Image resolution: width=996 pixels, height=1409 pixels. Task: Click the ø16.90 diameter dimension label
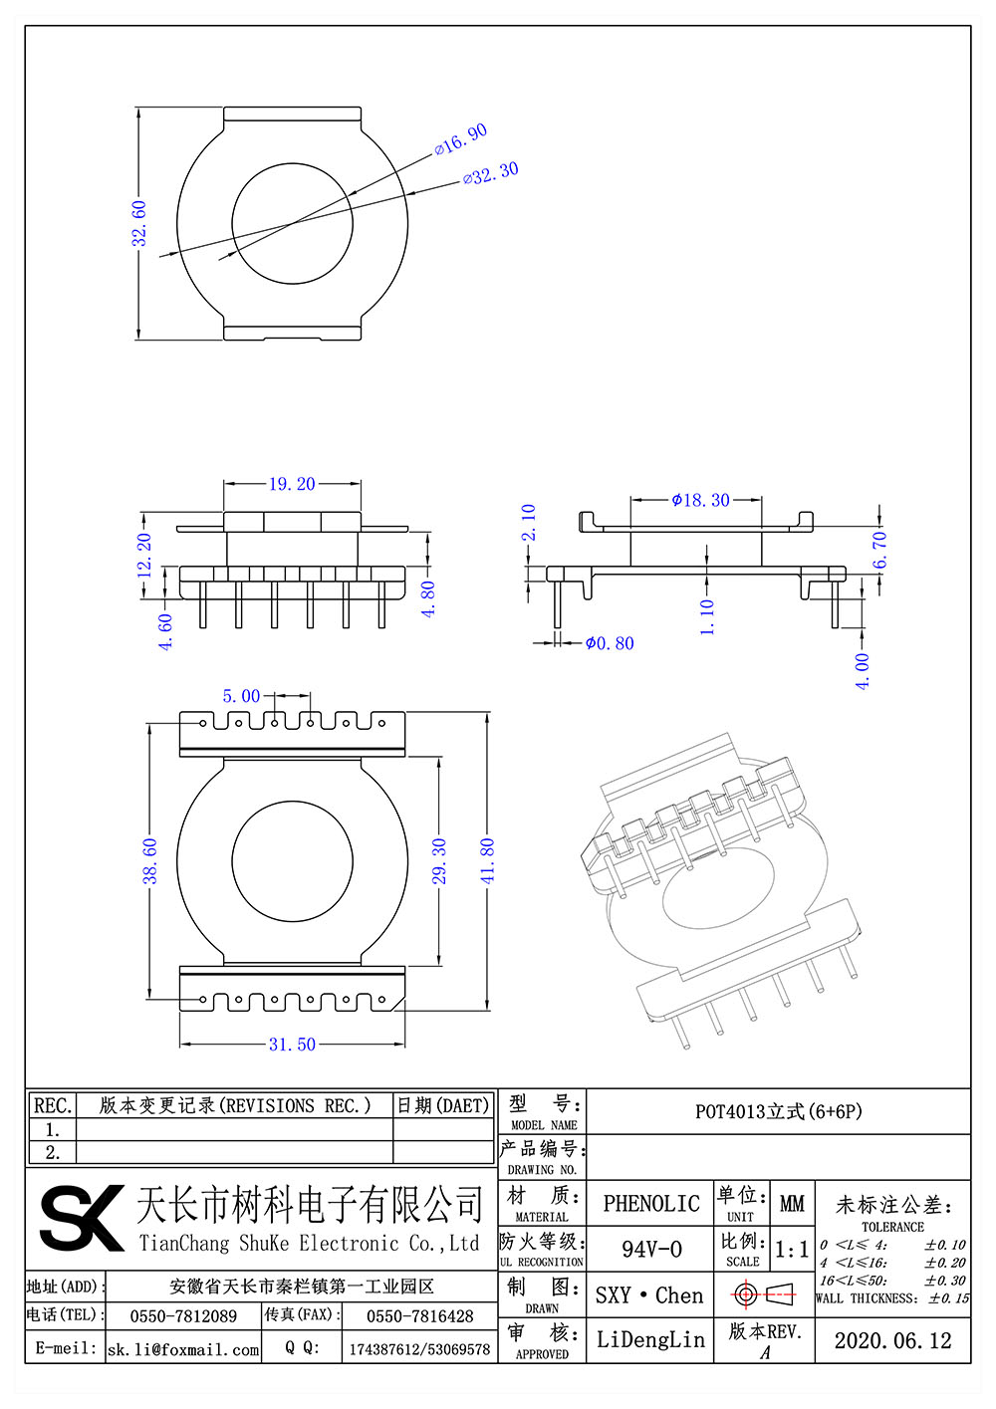pyautogui.click(x=460, y=140)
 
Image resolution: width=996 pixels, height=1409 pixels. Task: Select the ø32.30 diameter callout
pyautogui.click(x=491, y=173)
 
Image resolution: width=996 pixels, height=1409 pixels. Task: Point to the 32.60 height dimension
pyautogui.click(x=139, y=223)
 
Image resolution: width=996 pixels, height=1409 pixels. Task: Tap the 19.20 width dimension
pyautogui.click(x=292, y=484)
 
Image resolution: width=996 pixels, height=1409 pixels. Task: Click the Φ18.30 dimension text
pyautogui.click(x=701, y=500)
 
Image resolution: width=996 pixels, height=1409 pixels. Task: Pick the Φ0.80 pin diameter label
pyautogui.click(x=610, y=643)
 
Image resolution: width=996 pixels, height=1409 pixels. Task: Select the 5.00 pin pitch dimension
pyautogui.click(x=241, y=696)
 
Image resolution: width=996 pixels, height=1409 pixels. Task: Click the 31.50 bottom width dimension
pyautogui.click(x=292, y=1045)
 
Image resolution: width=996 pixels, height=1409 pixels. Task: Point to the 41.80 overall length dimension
pyautogui.click(x=488, y=861)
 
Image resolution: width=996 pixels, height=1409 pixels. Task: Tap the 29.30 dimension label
pyautogui.click(x=439, y=861)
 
